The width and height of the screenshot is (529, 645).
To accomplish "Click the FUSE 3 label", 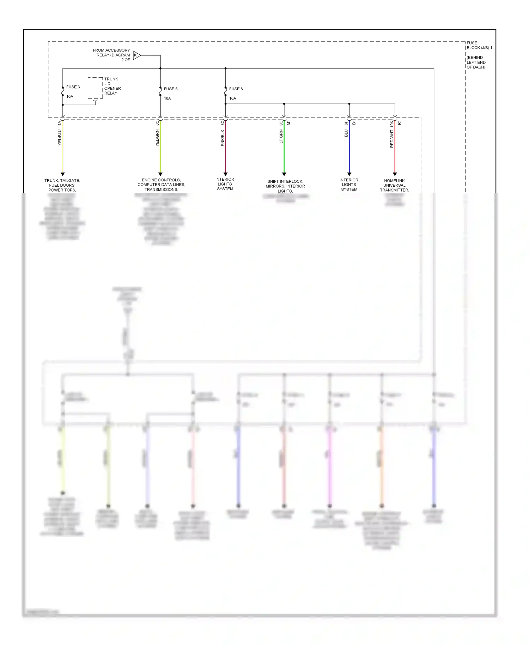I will point(73,87).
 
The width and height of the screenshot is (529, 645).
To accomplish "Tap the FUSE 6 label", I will point(171,89).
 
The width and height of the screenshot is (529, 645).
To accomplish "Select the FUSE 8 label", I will point(236,89).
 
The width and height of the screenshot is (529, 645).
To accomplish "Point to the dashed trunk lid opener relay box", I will point(95,88).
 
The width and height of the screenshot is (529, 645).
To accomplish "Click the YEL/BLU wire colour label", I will point(60,138).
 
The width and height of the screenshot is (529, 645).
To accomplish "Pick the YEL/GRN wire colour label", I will point(157,138).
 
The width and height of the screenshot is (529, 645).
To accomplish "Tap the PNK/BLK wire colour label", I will point(223,138).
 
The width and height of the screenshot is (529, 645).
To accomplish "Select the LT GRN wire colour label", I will point(281,137).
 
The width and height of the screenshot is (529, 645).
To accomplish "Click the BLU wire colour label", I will point(346,133).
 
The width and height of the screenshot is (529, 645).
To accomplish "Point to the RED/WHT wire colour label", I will point(392,139).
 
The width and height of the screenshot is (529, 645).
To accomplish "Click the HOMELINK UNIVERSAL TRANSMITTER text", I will point(394,185).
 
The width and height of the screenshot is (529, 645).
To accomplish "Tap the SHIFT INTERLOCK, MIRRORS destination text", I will point(285,186).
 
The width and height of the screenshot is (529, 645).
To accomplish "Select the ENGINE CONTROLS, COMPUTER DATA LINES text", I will point(161,185).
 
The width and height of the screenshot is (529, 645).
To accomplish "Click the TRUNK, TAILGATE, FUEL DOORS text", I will point(62,185).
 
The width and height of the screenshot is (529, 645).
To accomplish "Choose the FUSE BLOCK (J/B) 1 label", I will point(479,45).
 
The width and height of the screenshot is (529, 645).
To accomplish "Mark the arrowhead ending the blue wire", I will point(349,174).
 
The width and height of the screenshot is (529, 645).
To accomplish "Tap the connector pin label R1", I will point(400,123).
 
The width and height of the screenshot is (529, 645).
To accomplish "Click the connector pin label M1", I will point(288,123).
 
